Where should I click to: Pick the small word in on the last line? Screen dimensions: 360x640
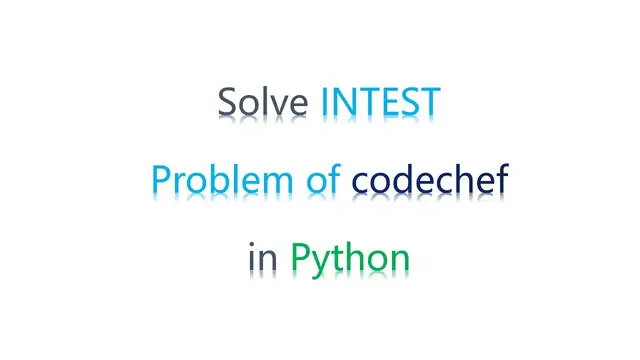click(263, 258)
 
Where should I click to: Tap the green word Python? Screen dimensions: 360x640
click(350, 259)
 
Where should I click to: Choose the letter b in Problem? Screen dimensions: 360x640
click(215, 179)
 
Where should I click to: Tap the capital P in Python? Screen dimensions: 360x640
click(301, 257)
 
